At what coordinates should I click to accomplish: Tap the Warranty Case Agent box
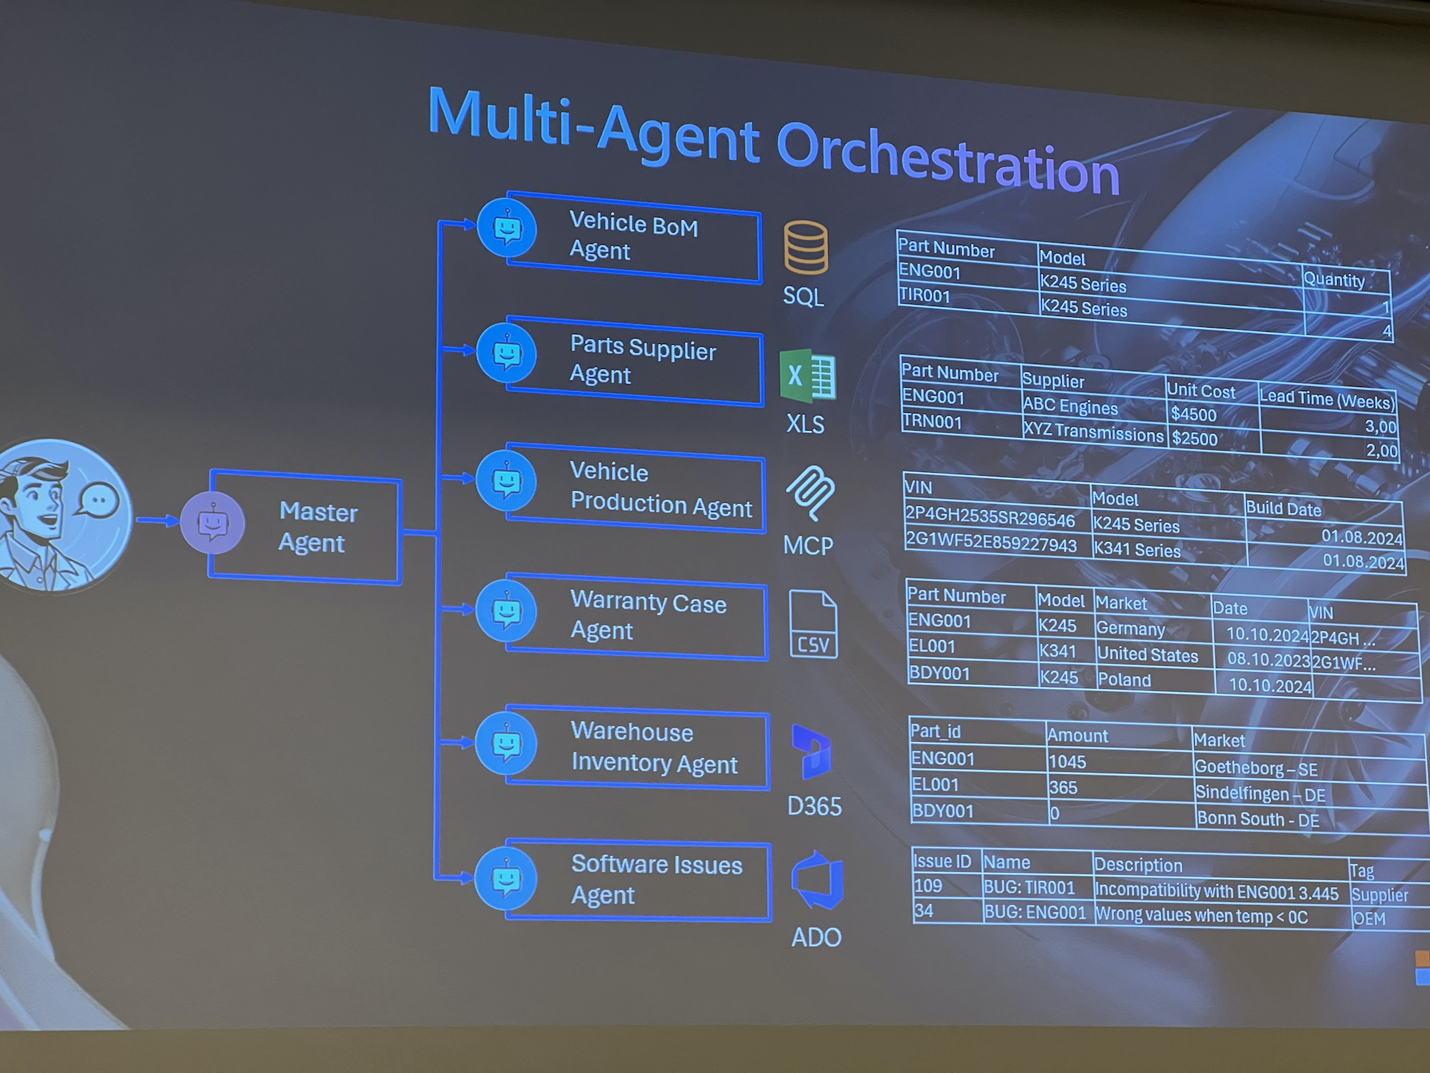(636, 616)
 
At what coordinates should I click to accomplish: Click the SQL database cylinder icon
(806, 248)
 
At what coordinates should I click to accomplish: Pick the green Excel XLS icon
(808, 376)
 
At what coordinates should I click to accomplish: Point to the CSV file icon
(814, 624)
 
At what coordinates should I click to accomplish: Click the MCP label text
(808, 546)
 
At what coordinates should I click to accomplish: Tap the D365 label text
(814, 807)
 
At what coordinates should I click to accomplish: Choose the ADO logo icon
(817, 881)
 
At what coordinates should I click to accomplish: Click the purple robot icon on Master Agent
(212, 523)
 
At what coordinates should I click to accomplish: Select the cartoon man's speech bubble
(98, 501)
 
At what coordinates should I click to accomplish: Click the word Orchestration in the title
(947, 158)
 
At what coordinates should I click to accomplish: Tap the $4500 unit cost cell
(1193, 414)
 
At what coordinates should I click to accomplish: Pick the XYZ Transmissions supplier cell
(1093, 431)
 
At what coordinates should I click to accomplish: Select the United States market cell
(1148, 655)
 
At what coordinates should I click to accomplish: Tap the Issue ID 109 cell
(928, 886)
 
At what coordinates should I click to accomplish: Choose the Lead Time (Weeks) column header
(1327, 400)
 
